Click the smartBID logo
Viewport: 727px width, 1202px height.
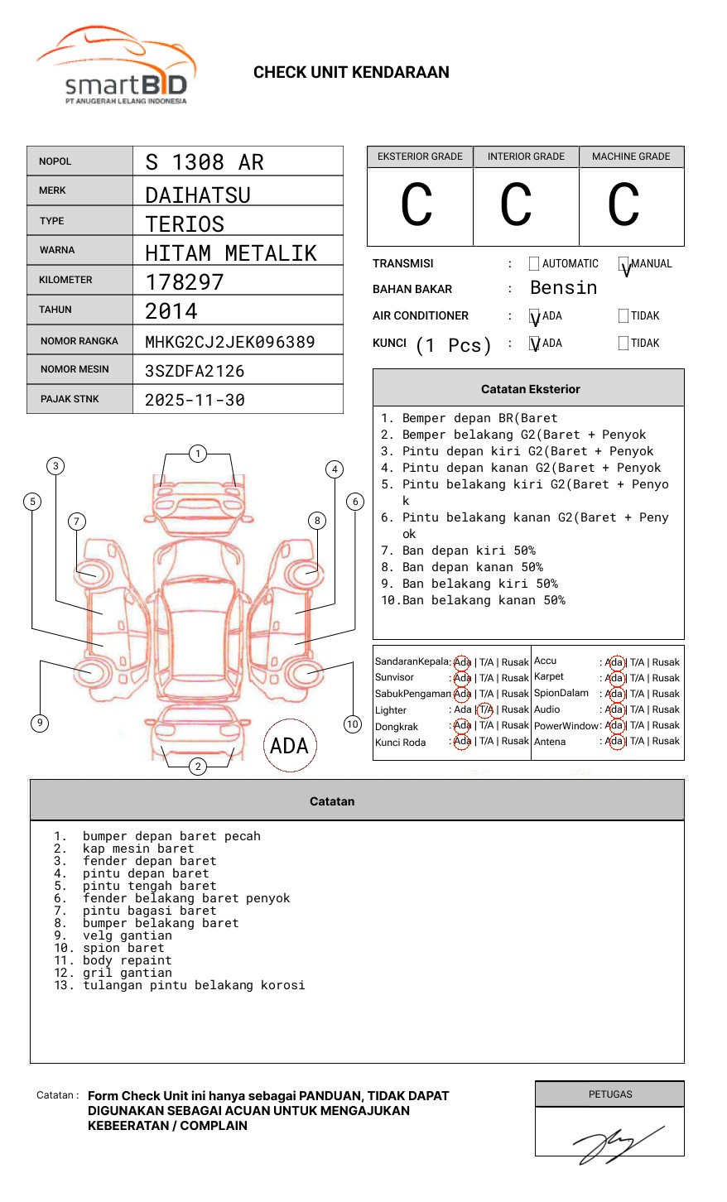(x=117, y=66)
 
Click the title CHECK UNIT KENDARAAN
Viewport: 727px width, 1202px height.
(x=351, y=73)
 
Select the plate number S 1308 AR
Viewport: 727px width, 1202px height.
(x=204, y=162)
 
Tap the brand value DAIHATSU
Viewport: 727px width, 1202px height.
(x=197, y=195)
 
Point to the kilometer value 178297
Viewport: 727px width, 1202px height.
(x=184, y=282)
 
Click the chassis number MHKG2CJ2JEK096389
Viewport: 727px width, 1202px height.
(x=229, y=342)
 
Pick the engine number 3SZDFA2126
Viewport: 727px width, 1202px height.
(x=195, y=371)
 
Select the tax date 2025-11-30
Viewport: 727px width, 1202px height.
(x=195, y=400)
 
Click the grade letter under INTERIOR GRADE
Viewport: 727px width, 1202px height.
(x=516, y=205)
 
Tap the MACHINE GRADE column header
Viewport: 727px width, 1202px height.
(x=631, y=156)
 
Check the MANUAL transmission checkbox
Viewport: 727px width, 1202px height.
(x=623, y=264)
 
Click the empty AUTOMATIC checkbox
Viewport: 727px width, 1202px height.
(x=534, y=264)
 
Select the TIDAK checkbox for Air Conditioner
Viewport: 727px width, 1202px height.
(x=623, y=316)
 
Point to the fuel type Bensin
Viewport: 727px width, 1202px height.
(x=563, y=288)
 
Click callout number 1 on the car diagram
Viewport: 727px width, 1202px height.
(x=197, y=454)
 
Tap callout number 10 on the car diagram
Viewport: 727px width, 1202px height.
(x=353, y=724)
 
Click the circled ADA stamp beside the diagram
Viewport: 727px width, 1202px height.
(x=289, y=746)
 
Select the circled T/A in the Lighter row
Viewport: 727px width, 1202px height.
(x=485, y=710)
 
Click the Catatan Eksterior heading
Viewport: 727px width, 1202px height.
(x=530, y=389)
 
